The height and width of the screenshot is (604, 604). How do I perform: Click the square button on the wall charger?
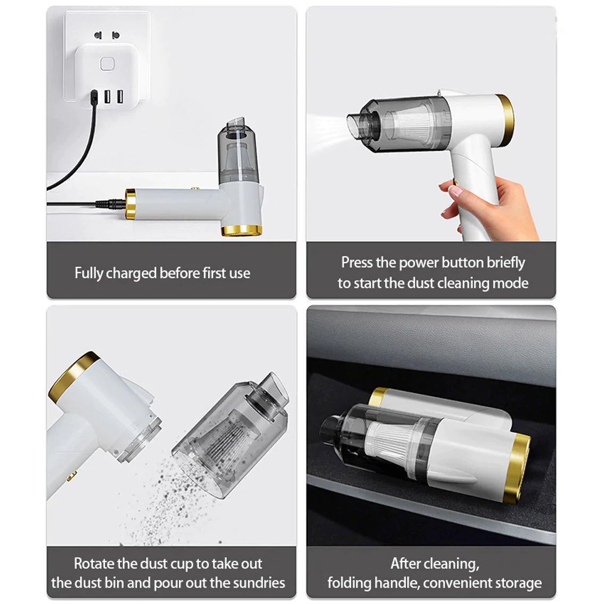(107, 64)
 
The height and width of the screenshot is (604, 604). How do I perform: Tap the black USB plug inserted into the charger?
(94, 97)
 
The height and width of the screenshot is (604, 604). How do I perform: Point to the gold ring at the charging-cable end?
(130, 204)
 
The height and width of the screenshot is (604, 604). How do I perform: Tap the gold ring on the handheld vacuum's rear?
(505, 120)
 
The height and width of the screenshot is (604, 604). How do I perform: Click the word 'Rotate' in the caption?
(94, 564)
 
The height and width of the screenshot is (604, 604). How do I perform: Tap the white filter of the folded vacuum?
(388, 443)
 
